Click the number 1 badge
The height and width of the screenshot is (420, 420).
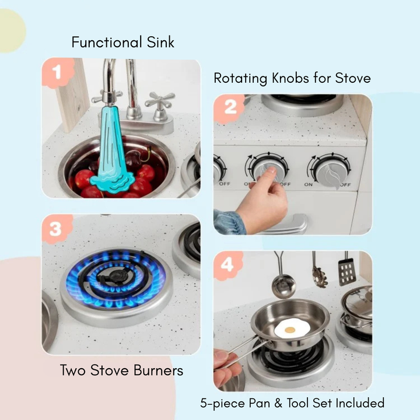click(x=57, y=73)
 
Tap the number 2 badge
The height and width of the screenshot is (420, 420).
click(x=230, y=107)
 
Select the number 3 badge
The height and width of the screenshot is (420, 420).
click(x=55, y=229)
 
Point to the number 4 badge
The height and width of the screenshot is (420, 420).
click(x=228, y=265)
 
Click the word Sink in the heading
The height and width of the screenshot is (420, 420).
click(x=159, y=42)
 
